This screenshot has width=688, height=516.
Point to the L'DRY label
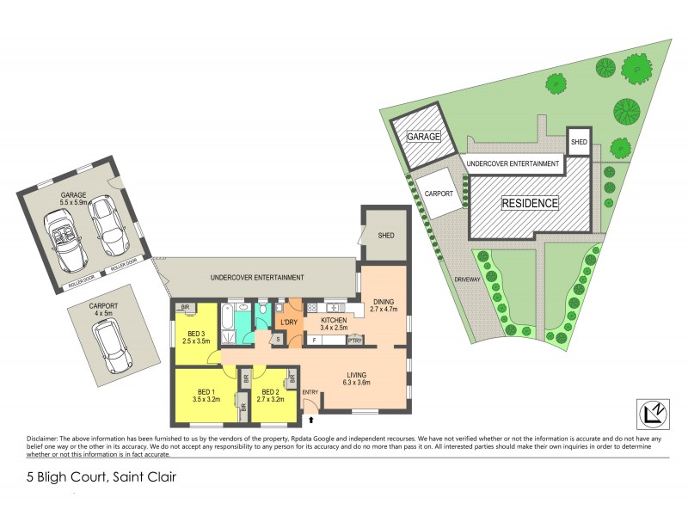tap(288, 322)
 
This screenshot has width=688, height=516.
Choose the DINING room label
tap(383, 304)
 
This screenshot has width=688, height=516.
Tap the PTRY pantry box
tap(353, 341)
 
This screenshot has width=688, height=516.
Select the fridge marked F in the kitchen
tap(314, 341)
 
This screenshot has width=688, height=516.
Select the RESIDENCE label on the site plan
tap(531, 204)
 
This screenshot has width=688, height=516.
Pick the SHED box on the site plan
tap(579, 143)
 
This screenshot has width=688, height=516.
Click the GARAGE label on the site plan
tap(424, 137)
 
